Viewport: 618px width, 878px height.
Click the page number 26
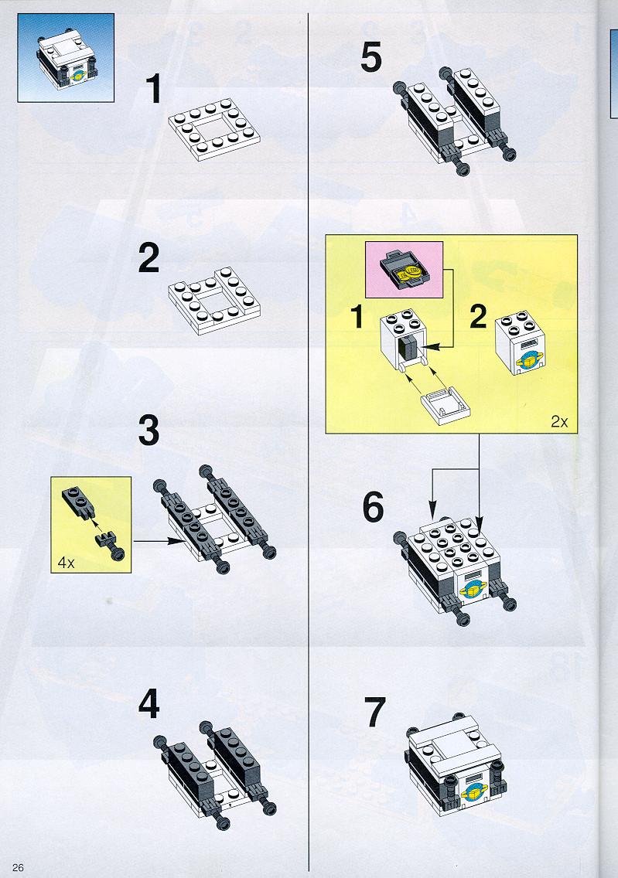[x=18, y=867]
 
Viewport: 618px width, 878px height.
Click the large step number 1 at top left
[x=153, y=90]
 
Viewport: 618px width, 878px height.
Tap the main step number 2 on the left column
[x=149, y=258]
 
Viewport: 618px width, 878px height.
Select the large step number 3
[x=149, y=430]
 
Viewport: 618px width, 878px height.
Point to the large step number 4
[x=149, y=704]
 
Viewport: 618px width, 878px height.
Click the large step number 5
[x=371, y=57]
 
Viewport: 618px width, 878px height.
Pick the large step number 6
[x=373, y=507]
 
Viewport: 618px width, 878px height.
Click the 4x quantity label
[x=66, y=563]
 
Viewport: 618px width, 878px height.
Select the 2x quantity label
[x=559, y=422]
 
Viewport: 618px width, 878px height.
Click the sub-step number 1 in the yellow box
[x=357, y=317]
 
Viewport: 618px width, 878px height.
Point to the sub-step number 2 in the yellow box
[x=478, y=317]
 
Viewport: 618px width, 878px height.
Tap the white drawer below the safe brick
[x=446, y=404]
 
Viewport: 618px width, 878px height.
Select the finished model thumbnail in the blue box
[x=66, y=58]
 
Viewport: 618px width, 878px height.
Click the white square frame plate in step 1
[x=214, y=129]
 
